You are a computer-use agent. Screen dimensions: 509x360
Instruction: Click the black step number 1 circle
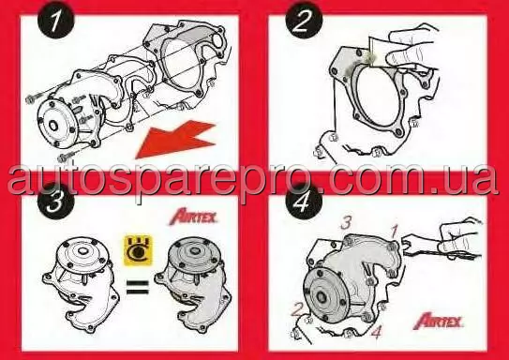55,21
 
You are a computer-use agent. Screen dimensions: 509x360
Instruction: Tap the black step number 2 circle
304,21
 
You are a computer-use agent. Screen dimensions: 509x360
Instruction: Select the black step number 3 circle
56,201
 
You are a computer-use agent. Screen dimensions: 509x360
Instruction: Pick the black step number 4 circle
304,201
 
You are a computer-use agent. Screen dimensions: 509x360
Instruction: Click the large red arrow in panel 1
175,139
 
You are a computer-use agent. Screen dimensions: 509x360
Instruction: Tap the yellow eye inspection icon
139,250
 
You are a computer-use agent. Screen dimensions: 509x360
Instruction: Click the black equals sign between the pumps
137,287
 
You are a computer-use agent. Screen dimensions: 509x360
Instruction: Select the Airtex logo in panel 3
193,217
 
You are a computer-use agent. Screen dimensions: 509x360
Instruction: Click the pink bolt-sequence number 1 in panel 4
395,232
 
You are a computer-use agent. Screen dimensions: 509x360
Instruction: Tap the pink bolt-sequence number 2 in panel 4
296,309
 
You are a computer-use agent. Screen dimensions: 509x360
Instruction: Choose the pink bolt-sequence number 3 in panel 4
346,223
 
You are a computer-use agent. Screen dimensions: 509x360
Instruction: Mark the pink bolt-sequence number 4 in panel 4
376,332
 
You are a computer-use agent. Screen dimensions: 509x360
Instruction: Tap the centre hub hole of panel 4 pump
322,296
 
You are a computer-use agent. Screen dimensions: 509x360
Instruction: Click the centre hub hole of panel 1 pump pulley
53,126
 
